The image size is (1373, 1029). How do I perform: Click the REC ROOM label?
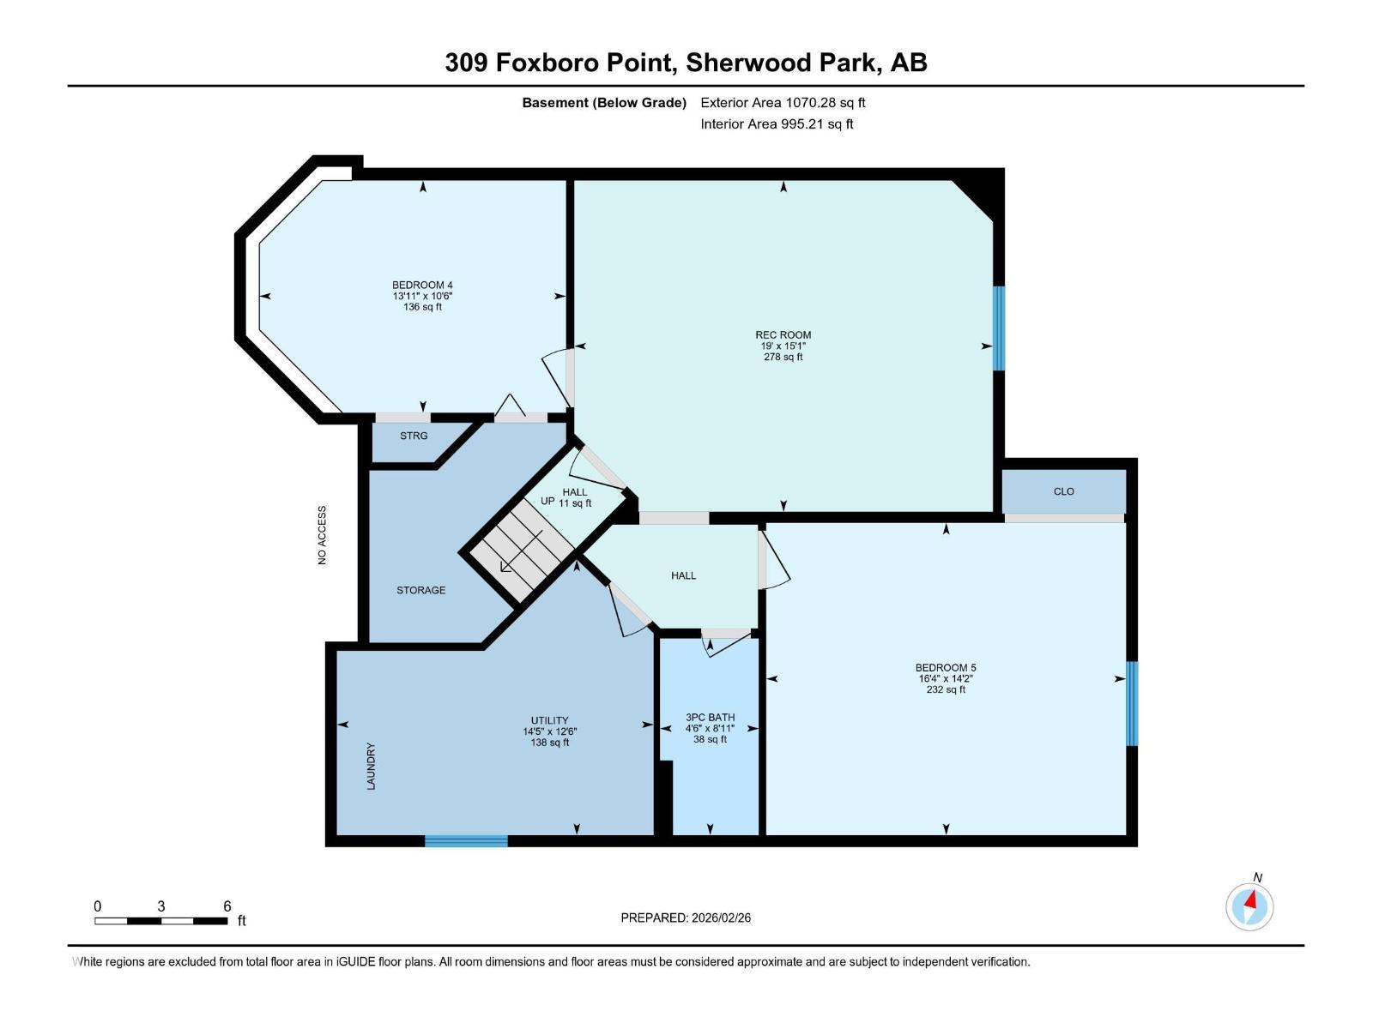coord(783,335)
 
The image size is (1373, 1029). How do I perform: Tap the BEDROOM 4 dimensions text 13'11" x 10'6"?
coord(422,296)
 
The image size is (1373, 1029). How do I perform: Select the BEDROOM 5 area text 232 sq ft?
coord(946,689)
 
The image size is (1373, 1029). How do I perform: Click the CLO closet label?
coord(1063,491)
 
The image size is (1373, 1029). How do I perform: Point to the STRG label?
coord(414,436)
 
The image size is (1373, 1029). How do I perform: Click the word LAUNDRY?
coord(372,766)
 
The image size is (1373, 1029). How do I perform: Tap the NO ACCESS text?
coord(323,535)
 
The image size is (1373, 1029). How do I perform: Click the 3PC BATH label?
coord(710,718)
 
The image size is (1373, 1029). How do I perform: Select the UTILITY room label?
coord(549,720)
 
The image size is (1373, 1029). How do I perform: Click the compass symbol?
coord(1249,906)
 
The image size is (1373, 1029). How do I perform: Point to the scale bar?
coord(161,921)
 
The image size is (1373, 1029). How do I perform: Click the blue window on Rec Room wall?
coord(999,328)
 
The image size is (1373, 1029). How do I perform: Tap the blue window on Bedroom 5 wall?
coord(1132,703)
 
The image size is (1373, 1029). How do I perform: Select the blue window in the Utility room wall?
coord(466,841)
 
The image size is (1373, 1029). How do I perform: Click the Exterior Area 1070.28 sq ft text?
coord(783,103)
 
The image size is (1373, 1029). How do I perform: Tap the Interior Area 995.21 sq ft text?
coord(777,124)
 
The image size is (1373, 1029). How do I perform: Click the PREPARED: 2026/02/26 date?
coord(686,918)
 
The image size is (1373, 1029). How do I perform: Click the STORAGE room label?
coord(420,590)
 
